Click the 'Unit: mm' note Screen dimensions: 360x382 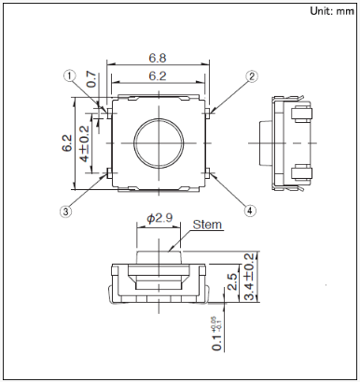(332, 11)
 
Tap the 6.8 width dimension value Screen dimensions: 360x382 (158, 58)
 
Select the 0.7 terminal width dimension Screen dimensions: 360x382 (91, 79)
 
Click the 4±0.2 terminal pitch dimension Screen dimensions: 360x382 (84, 143)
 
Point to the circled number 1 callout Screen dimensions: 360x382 (70, 75)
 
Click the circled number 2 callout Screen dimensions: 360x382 (252, 76)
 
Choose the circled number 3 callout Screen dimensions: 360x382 (65, 211)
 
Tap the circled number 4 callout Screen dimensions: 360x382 (250, 211)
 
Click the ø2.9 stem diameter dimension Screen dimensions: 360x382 (159, 218)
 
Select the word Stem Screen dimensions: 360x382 (207, 225)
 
